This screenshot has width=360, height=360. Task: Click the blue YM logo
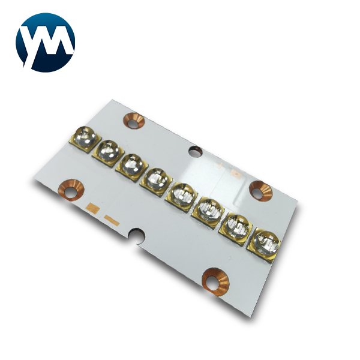(x=46, y=41)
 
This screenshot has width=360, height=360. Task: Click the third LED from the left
(x=131, y=164)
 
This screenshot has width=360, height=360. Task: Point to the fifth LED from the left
(x=182, y=193)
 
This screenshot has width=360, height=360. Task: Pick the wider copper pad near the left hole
(x=92, y=208)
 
